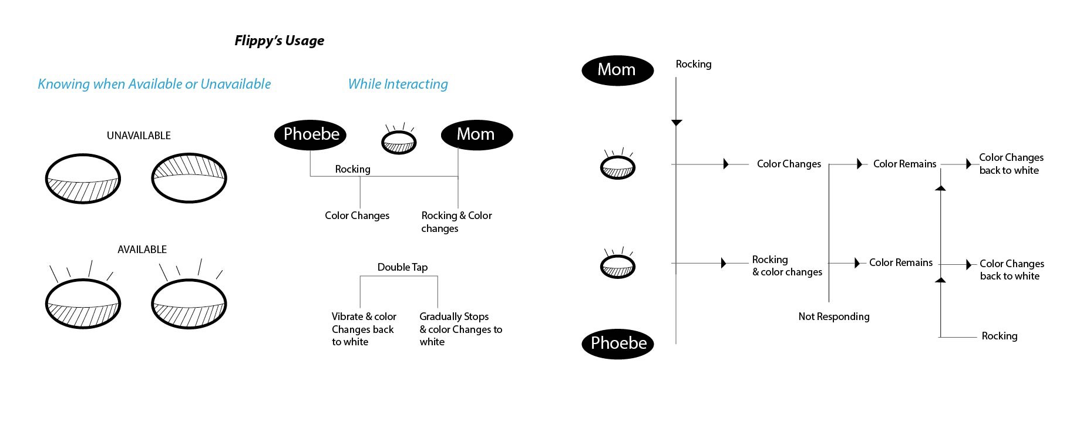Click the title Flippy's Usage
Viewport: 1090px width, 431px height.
click(x=279, y=41)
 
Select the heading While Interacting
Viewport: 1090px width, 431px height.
click(x=398, y=84)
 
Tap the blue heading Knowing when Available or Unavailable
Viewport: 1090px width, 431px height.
click(x=154, y=84)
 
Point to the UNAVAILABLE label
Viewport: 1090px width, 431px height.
click(x=139, y=136)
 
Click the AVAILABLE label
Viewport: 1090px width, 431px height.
click(x=142, y=250)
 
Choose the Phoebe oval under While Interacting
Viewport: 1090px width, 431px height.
click(x=310, y=134)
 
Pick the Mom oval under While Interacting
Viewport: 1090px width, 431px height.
click(x=476, y=134)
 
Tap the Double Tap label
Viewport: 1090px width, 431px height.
click(x=402, y=267)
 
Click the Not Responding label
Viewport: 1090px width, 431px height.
click(x=833, y=316)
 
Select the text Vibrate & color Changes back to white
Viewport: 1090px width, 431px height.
click(x=363, y=329)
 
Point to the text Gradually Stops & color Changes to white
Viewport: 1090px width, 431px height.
click(x=460, y=329)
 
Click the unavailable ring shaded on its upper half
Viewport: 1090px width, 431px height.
click(x=189, y=178)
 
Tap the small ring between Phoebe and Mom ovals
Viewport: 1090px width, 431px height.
click(x=399, y=142)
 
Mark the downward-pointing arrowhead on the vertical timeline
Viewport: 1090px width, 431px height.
click(x=677, y=123)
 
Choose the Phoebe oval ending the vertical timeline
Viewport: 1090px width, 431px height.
click(x=618, y=344)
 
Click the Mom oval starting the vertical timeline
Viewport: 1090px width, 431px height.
click(x=617, y=70)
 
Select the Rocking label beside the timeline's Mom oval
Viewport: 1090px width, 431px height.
click(x=693, y=64)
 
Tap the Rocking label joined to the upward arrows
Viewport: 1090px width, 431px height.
click(x=999, y=336)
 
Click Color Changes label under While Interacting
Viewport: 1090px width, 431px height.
click(x=357, y=215)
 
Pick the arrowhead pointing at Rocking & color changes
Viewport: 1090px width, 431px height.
click(x=724, y=263)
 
